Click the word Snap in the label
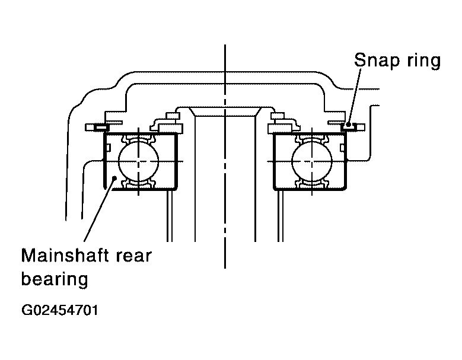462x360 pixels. tap(377, 61)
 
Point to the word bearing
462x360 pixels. tap(55, 279)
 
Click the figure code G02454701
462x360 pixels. tap(59, 310)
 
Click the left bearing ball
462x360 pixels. tap(139, 161)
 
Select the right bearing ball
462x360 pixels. tap(312, 161)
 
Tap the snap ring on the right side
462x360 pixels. tap(349, 128)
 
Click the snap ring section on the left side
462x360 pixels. tap(101, 128)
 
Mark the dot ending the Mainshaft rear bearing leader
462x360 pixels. tap(114, 177)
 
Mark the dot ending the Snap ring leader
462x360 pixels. tap(349, 125)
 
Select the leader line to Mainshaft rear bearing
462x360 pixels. tap(100, 209)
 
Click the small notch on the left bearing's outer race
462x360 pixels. tap(108, 147)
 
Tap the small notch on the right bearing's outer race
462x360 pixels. tap(342, 147)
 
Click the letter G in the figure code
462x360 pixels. tap(26, 310)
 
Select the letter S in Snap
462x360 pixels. tap(360, 60)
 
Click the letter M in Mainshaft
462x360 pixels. tap(28, 255)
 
